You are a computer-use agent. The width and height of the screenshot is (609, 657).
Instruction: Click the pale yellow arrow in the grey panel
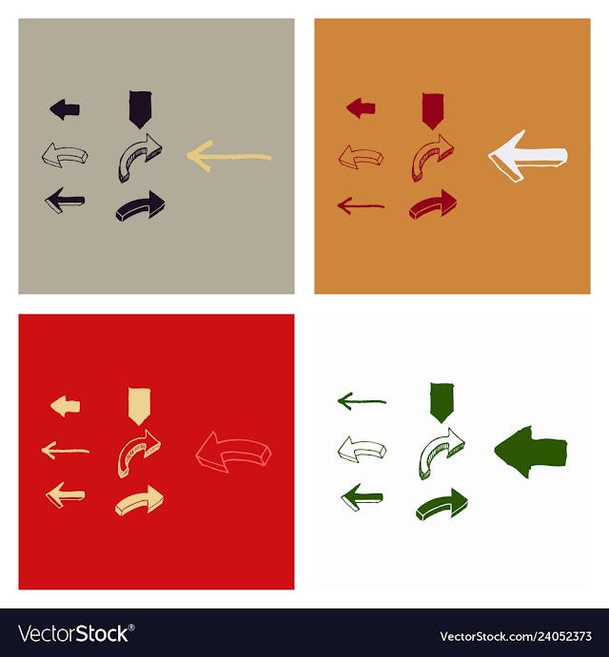click(229, 157)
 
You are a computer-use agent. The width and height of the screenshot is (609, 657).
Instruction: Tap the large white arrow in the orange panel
click(527, 156)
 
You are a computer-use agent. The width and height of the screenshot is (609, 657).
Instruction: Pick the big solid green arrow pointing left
click(531, 453)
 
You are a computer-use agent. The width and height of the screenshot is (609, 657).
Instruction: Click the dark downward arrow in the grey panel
click(140, 109)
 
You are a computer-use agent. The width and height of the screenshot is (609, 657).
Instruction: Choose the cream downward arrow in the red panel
click(139, 406)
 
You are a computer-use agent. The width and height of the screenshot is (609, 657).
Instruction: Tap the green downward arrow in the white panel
click(442, 402)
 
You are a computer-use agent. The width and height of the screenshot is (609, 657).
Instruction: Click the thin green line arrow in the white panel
click(362, 401)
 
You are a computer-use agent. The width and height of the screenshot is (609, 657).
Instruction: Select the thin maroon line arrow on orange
click(361, 205)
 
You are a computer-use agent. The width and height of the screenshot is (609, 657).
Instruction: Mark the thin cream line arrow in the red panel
click(65, 451)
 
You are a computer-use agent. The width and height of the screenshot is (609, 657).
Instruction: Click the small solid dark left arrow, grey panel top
click(65, 109)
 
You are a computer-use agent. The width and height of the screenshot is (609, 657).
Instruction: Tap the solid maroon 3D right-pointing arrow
click(432, 204)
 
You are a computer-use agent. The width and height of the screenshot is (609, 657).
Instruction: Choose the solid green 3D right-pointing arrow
click(442, 504)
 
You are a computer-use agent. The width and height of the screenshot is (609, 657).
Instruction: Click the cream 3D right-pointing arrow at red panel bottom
click(139, 500)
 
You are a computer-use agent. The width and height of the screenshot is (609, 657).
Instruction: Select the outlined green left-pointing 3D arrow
click(362, 450)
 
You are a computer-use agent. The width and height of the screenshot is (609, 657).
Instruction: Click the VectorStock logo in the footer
click(76, 633)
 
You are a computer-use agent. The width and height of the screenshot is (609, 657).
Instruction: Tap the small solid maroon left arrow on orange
click(361, 108)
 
